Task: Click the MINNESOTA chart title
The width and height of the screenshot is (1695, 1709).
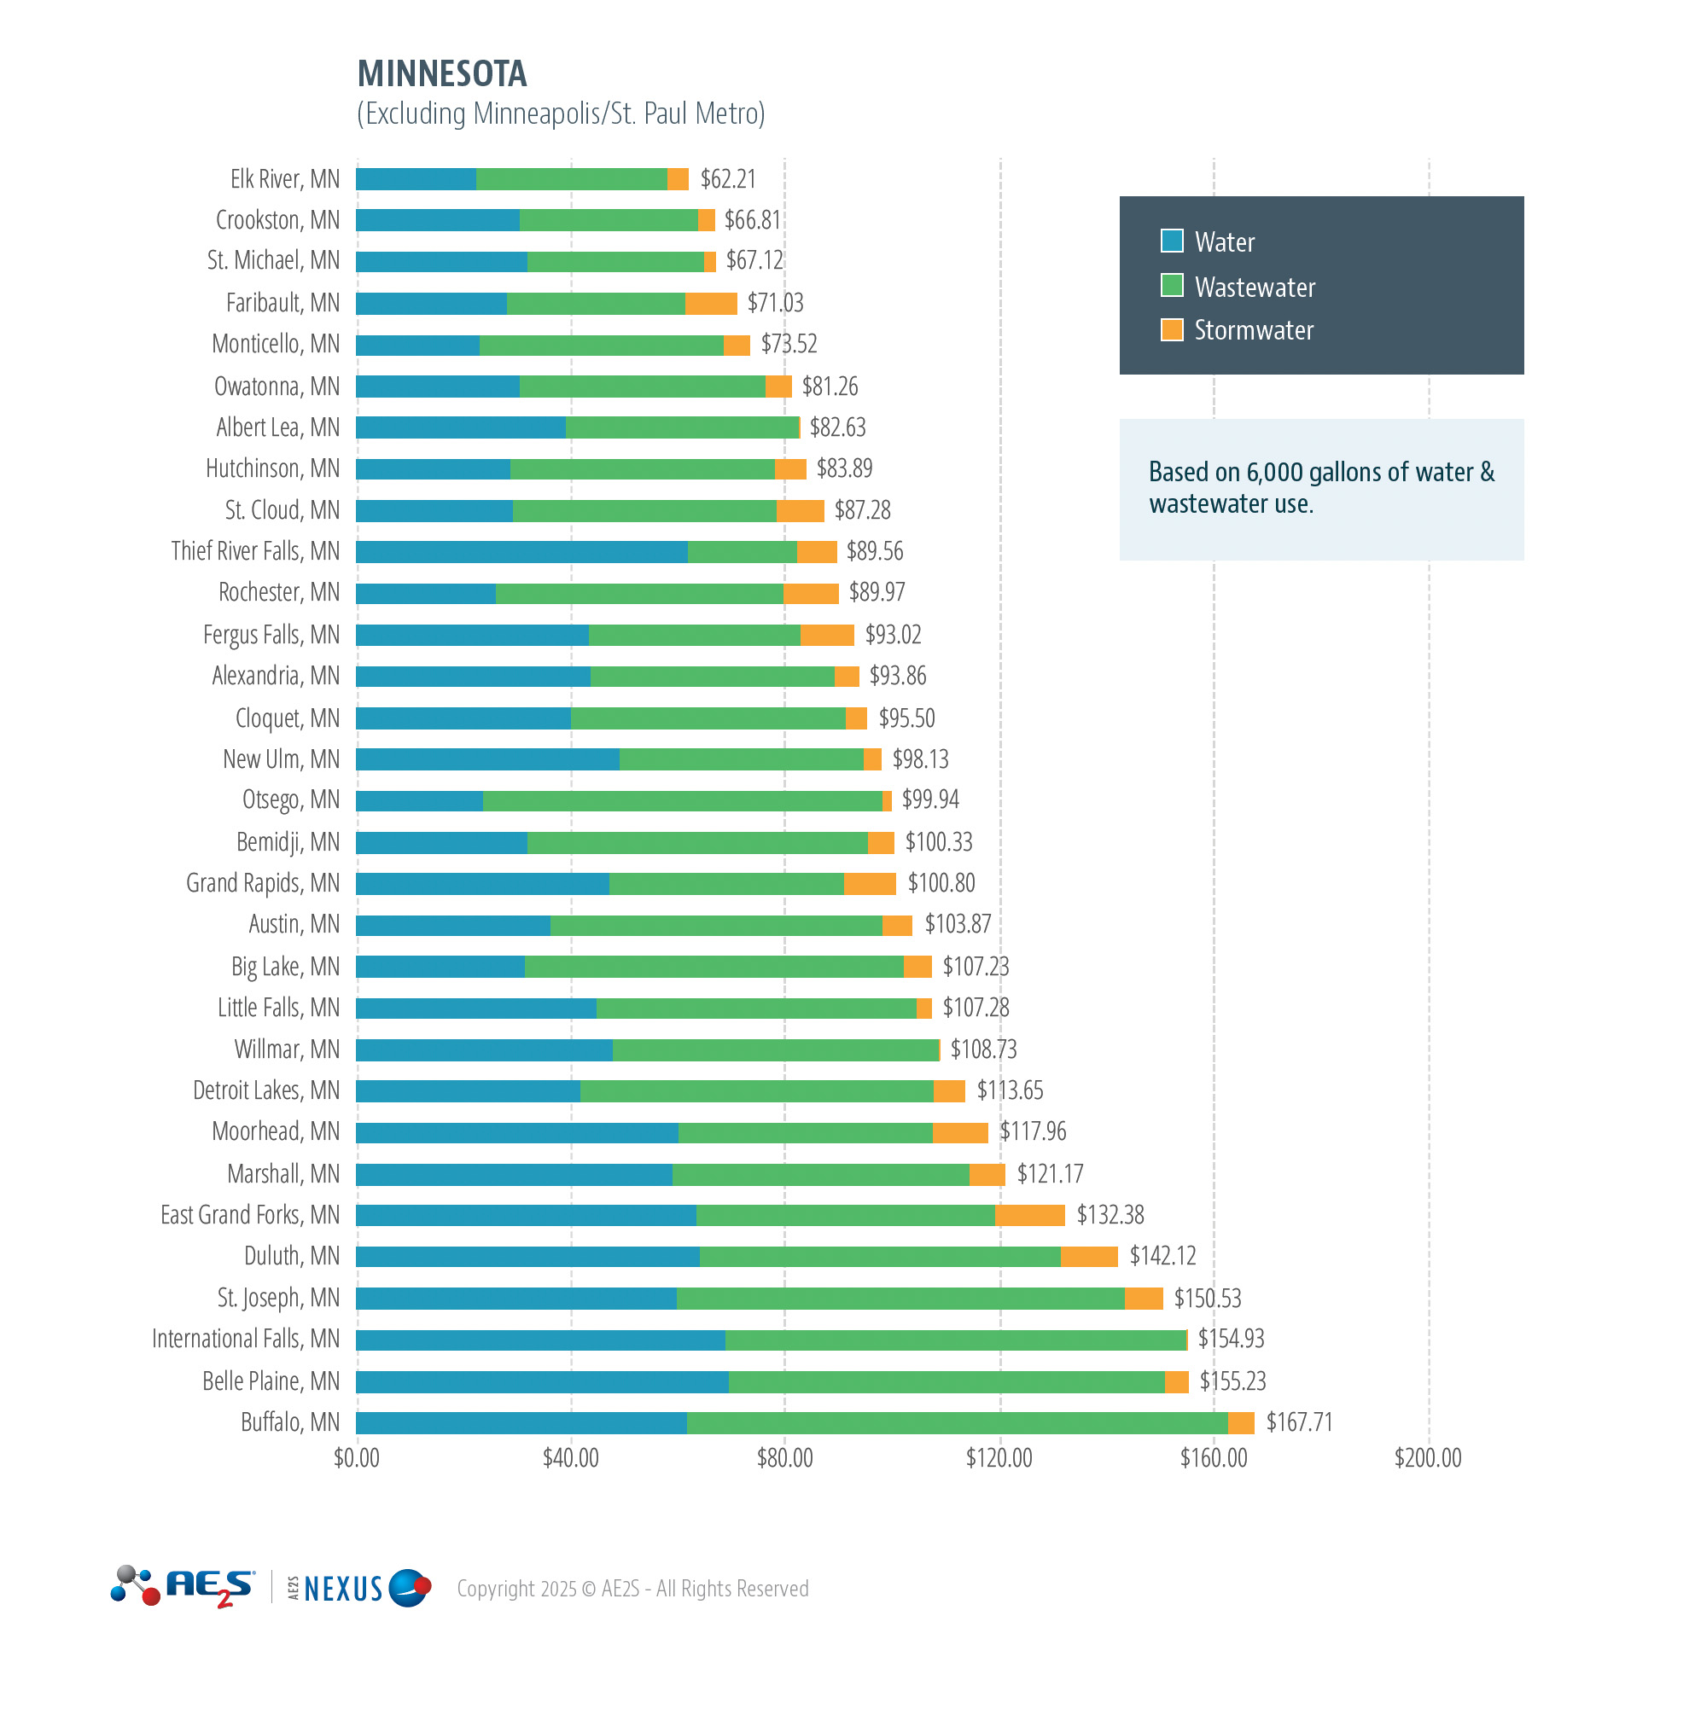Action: tap(441, 73)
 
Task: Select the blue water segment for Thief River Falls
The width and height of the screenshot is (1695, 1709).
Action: tap(521, 552)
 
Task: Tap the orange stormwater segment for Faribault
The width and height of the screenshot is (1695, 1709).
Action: tap(710, 304)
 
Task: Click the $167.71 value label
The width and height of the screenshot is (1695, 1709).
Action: tap(1298, 1422)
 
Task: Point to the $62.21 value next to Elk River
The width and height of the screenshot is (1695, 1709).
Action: tap(727, 178)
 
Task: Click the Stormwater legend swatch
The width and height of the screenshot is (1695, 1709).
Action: tap(1171, 330)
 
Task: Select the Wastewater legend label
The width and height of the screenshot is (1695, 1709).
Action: tap(1254, 288)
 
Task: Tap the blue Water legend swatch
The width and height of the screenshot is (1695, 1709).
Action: tap(1171, 241)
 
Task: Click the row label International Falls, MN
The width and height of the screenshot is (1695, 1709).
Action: tap(245, 1340)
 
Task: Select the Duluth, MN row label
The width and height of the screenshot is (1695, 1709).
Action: tap(291, 1256)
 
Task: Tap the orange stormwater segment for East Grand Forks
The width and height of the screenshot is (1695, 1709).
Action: tap(1030, 1215)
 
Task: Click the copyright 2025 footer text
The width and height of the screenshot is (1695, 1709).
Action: tap(632, 1589)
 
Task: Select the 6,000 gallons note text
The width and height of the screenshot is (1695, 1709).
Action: tap(1320, 487)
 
